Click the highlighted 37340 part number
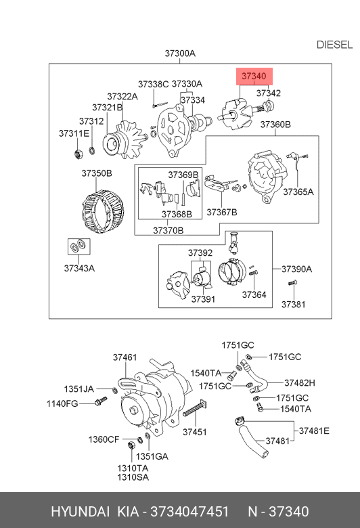point(254,76)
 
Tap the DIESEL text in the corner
point(334,45)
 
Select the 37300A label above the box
point(180,53)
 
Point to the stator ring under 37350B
point(103,211)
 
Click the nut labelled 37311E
point(78,154)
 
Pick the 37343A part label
point(79,268)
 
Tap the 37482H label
point(300,383)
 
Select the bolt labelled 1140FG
point(101,401)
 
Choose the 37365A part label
point(298,192)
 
